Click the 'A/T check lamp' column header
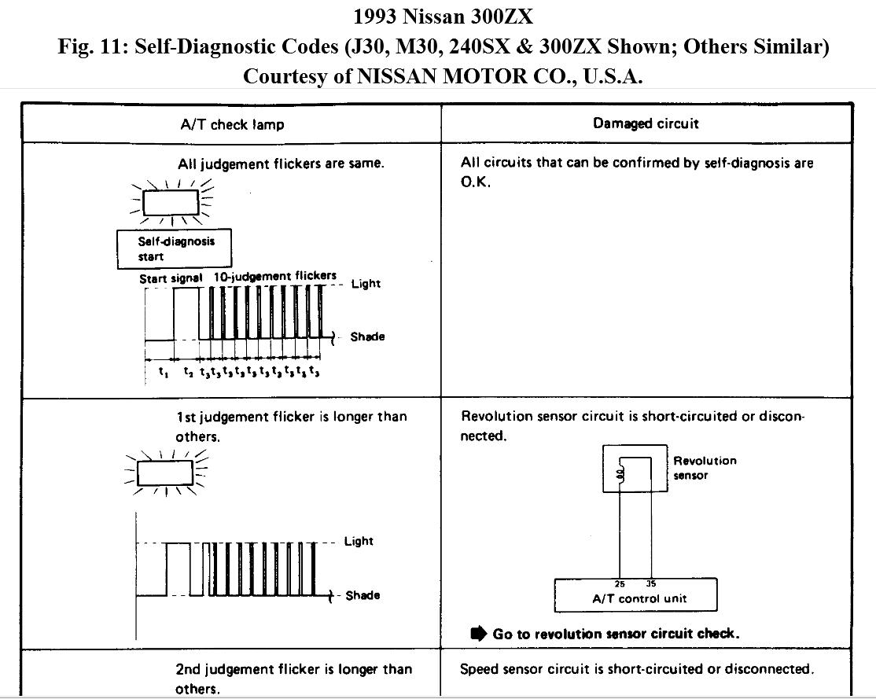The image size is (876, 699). pyautogui.click(x=232, y=124)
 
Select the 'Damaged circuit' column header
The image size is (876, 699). pyautogui.click(x=646, y=123)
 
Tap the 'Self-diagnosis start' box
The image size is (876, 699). pyautogui.click(x=165, y=248)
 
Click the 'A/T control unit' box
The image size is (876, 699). pyautogui.click(x=635, y=597)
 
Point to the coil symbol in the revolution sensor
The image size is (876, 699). pyautogui.click(x=620, y=473)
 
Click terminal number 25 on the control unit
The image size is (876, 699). pyautogui.click(x=620, y=583)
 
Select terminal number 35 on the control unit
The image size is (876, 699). pyautogui.click(x=651, y=583)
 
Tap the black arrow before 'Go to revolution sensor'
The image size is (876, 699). pyautogui.click(x=478, y=633)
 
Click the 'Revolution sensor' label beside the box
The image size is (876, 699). pyautogui.click(x=705, y=468)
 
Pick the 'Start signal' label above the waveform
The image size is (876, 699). pyautogui.click(x=171, y=278)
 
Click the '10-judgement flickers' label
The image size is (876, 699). pyautogui.click(x=274, y=276)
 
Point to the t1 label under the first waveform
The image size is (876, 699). pyautogui.click(x=163, y=373)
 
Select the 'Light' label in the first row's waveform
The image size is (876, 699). pyautogui.click(x=366, y=283)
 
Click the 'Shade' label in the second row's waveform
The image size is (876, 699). pyautogui.click(x=363, y=595)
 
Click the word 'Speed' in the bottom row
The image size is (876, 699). pyautogui.click(x=480, y=669)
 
